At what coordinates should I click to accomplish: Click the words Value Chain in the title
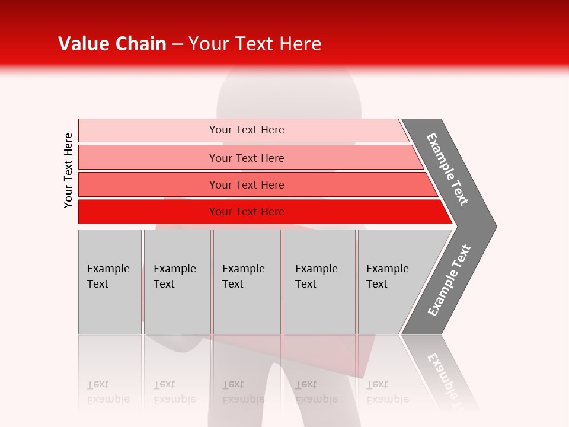112,44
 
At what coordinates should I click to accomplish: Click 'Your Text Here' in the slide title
255,44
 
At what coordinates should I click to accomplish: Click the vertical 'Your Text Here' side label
68,170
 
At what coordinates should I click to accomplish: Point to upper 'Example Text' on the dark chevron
447,169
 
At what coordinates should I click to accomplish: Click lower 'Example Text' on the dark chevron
449,281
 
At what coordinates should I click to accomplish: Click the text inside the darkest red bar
247,212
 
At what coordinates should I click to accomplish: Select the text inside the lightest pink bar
247,130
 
